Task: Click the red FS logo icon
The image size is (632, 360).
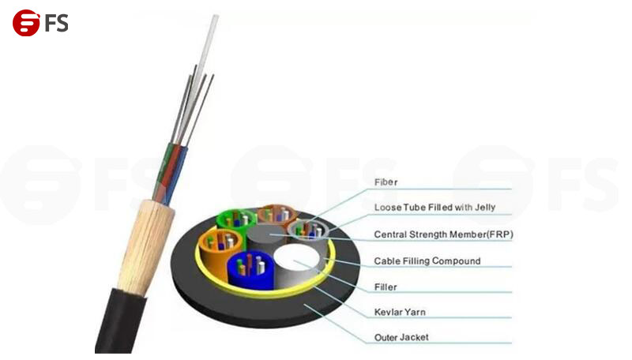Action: (x=26, y=23)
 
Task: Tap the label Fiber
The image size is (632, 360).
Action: (x=386, y=182)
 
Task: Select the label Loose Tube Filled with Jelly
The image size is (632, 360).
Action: (x=434, y=208)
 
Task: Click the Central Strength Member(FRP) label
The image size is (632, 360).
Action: (x=443, y=234)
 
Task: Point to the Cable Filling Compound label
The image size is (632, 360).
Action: (x=427, y=261)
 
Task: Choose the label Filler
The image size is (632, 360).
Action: (x=386, y=287)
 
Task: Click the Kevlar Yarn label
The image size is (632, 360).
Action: (x=400, y=312)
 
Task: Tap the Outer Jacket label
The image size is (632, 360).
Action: (x=401, y=337)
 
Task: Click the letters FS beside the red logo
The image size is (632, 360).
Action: (x=56, y=23)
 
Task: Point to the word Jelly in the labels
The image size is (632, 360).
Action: (x=485, y=208)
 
